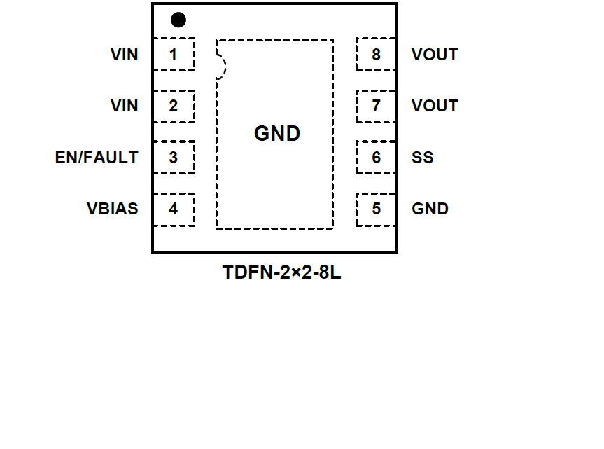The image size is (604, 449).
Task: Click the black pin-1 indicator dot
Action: [x=178, y=20]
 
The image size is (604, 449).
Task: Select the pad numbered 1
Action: [x=173, y=55]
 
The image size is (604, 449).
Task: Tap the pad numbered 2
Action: [x=173, y=106]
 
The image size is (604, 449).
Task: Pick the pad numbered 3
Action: [x=173, y=158]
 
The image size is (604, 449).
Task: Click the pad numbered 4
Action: [x=173, y=209]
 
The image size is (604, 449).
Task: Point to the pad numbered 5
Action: [x=376, y=209]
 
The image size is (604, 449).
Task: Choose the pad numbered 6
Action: [x=376, y=158]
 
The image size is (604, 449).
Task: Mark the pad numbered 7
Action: [x=376, y=106]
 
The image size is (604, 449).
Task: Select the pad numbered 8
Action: [x=376, y=55]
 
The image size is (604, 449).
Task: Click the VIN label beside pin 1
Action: [x=125, y=55]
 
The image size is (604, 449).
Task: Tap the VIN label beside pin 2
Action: [x=125, y=106]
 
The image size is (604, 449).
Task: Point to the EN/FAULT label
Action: [x=97, y=158]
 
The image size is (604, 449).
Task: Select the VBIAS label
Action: [x=113, y=209]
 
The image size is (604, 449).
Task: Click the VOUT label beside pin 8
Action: [x=435, y=55]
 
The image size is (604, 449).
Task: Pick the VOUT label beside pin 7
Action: [x=435, y=106]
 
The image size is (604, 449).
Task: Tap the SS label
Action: [x=423, y=158]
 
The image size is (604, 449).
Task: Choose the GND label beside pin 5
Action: [x=430, y=209]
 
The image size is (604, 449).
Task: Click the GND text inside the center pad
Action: [x=277, y=134]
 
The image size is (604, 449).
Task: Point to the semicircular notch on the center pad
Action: [x=221, y=67]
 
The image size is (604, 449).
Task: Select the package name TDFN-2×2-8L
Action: [x=282, y=272]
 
